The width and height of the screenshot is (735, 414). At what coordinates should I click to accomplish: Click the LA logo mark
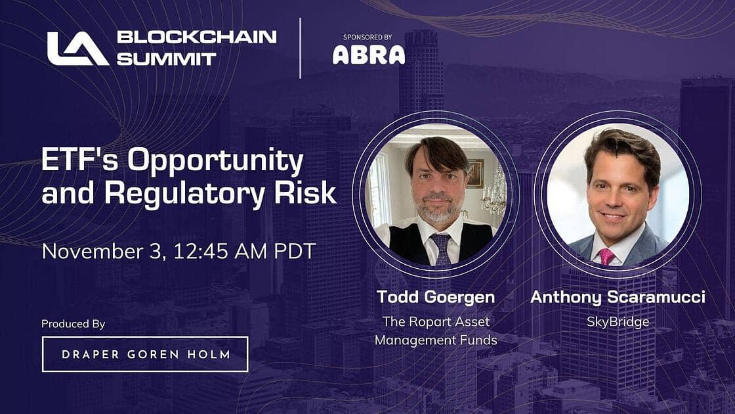point(77,49)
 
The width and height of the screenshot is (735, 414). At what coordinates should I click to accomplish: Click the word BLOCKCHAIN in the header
point(197,37)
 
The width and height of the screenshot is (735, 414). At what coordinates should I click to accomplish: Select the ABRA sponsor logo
point(368,54)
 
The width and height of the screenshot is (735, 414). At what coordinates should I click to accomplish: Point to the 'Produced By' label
point(73,324)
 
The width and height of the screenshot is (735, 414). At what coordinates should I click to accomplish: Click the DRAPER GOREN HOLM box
point(145,354)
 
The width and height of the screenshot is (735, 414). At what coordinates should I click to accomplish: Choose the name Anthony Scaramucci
point(618,297)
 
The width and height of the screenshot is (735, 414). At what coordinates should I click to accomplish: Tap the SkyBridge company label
point(618,321)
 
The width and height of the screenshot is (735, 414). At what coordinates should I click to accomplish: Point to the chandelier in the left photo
point(493,194)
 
